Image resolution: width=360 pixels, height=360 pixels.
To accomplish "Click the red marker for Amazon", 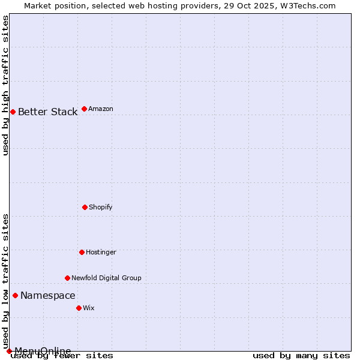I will tap(84, 109).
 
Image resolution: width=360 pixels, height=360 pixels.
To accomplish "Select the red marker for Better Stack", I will tap(13, 112).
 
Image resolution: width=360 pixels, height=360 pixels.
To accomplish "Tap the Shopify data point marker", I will tap(85, 207).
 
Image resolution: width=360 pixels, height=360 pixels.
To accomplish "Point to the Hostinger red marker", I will tap(82, 252).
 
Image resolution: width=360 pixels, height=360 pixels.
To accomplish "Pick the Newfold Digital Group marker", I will tap(67, 278).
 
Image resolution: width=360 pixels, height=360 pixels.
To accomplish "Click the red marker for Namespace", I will tap(15, 295).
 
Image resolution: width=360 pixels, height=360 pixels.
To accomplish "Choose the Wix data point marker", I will tap(79, 308).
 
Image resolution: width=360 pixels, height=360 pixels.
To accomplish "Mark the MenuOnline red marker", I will tap(9, 351).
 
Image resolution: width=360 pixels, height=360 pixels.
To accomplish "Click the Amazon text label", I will tap(101, 109).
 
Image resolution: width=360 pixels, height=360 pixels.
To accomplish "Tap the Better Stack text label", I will tap(47, 112).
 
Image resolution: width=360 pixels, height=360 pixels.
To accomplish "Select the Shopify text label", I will tap(101, 208).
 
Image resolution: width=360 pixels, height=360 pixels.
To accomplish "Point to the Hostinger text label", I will tap(101, 253).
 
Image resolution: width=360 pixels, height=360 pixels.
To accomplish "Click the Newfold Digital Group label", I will tap(106, 278).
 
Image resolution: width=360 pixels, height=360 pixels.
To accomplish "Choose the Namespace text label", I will tap(48, 296).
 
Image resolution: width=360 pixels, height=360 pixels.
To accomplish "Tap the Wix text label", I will tap(89, 308).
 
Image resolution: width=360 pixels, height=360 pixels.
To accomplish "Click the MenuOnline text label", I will tap(43, 351).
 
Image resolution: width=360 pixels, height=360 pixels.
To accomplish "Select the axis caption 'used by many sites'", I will tap(301, 356).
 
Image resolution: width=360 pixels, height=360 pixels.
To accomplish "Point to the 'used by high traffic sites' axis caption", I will tap(6, 85).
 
